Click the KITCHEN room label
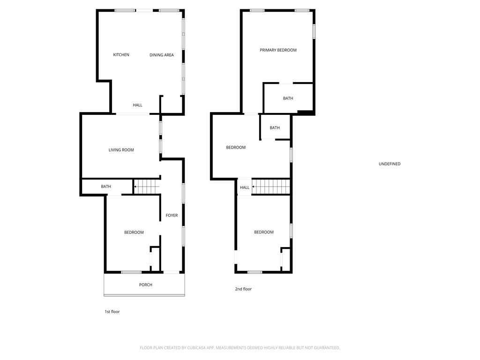tap(121, 55)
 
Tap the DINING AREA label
tap(162, 55)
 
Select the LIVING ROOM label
tap(121, 150)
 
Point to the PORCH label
tap(146, 285)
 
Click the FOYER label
tap(172, 216)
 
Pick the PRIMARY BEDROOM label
tap(278, 50)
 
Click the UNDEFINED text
tap(390, 164)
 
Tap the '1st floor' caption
tap(112, 312)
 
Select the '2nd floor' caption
tap(243, 289)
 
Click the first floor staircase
tap(147, 187)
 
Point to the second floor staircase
tap(270, 187)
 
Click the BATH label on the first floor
tap(106, 187)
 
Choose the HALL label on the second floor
tap(245, 187)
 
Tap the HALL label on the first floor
tap(137, 105)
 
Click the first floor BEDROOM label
tap(134, 232)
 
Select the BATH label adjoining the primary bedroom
tap(288, 98)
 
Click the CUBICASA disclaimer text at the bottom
tap(240, 348)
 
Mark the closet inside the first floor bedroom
tap(155, 259)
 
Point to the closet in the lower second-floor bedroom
tap(285, 260)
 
